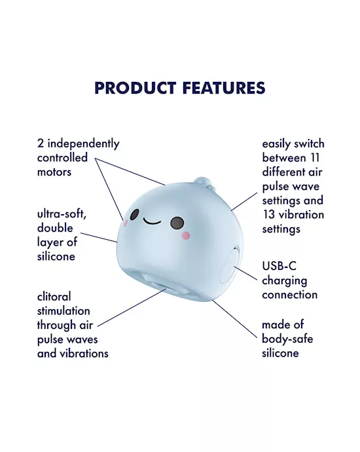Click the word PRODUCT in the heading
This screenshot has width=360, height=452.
[134, 88]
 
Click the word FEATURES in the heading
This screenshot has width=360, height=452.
[221, 88]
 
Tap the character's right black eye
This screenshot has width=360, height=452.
[177, 223]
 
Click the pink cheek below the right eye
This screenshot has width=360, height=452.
[185, 236]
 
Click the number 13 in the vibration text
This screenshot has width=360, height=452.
[269, 215]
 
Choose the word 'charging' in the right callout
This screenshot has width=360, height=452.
[285, 280]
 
